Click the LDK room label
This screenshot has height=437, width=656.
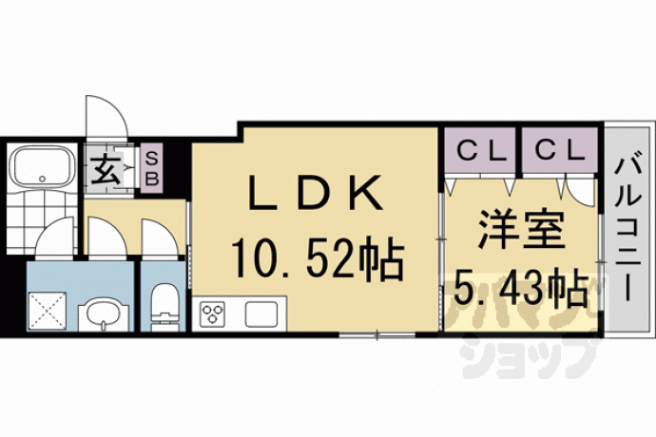tap(316, 192)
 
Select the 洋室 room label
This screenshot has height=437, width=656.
tap(520, 229)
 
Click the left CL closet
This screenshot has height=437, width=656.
tap(480, 150)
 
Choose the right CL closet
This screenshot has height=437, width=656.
tap(560, 150)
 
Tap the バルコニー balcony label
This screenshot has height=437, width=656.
tap(627, 229)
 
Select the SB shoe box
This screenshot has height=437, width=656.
tap(152, 168)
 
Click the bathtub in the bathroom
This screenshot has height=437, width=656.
tap(42, 167)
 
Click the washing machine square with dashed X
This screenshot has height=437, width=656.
tap(48, 312)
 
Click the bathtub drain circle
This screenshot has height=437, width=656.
tap(42, 179)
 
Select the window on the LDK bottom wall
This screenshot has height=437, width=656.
tap(377, 335)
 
